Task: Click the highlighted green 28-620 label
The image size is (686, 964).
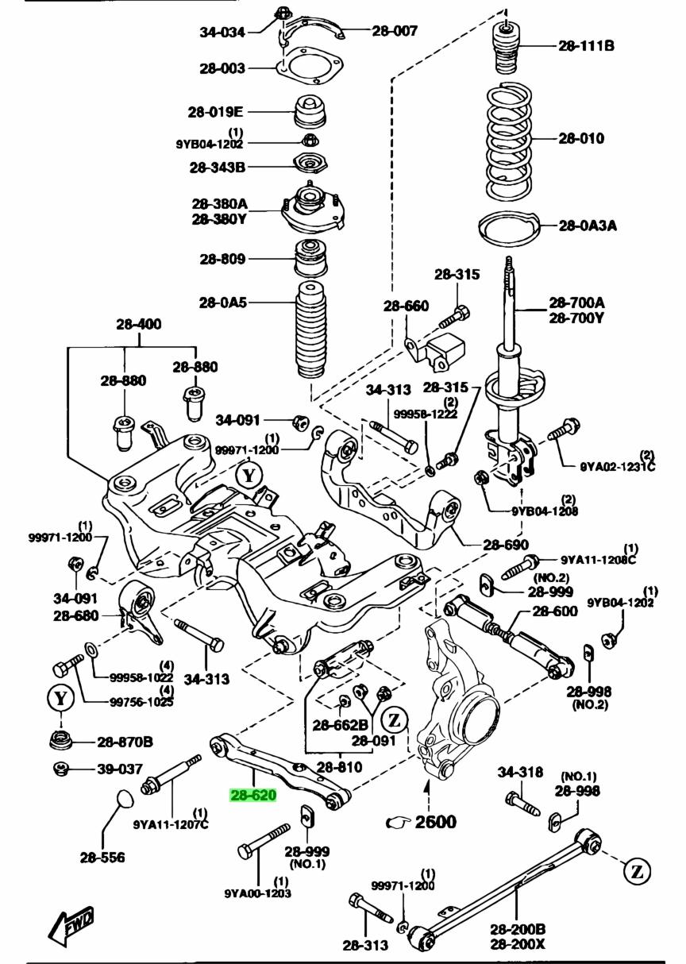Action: pyautogui.click(x=253, y=795)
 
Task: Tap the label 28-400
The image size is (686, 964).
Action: pyautogui.click(x=137, y=324)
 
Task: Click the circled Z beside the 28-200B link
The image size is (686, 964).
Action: pyautogui.click(x=637, y=871)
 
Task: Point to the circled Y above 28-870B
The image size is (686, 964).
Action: pyautogui.click(x=61, y=699)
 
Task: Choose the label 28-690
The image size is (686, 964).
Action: pyautogui.click(x=505, y=545)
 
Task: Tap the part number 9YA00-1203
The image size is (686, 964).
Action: pyautogui.click(x=257, y=893)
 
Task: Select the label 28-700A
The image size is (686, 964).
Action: pyautogui.click(x=576, y=303)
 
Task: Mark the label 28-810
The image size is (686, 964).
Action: pyautogui.click(x=339, y=767)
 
